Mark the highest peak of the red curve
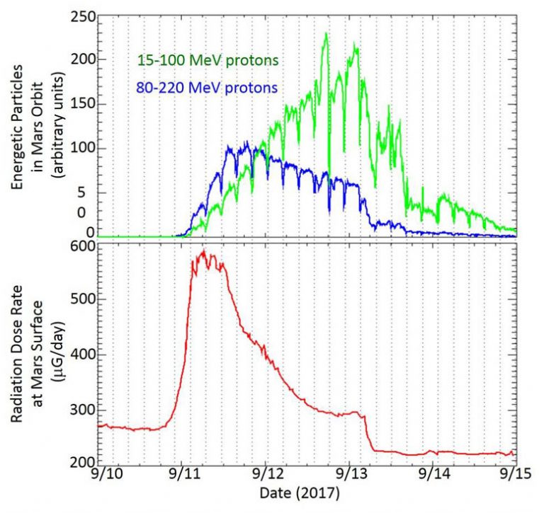(204, 250)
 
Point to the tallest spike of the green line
(326, 33)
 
